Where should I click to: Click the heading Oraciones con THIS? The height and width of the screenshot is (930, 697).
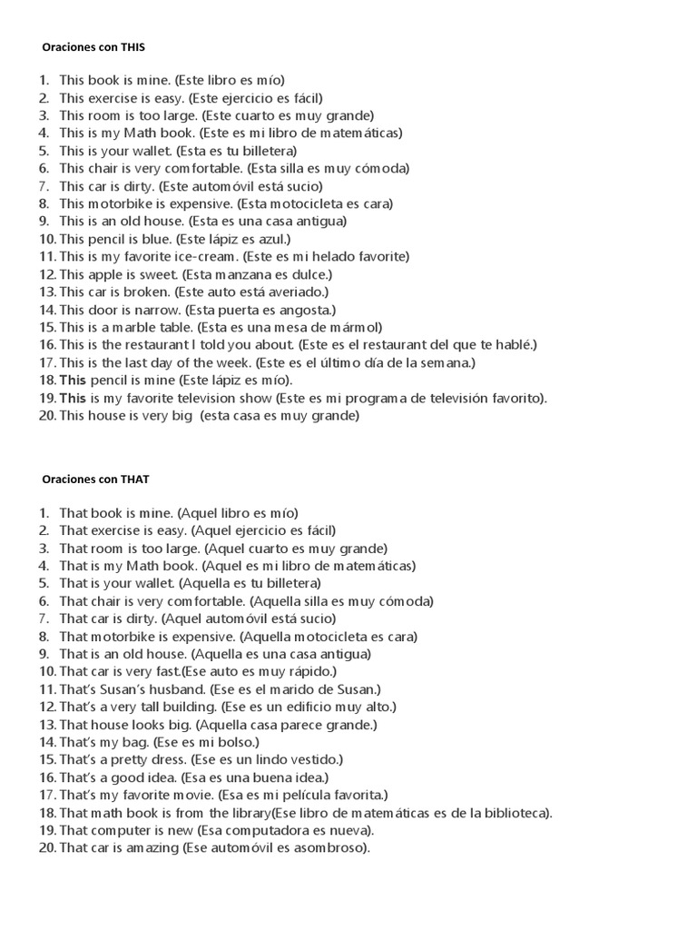click(x=93, y=45)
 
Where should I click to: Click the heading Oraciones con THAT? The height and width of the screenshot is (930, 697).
click(x=94, y=479)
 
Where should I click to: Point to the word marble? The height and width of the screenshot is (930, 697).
click(x=135, y=327)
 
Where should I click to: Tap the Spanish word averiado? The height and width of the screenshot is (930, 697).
click(x=294, y=292)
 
